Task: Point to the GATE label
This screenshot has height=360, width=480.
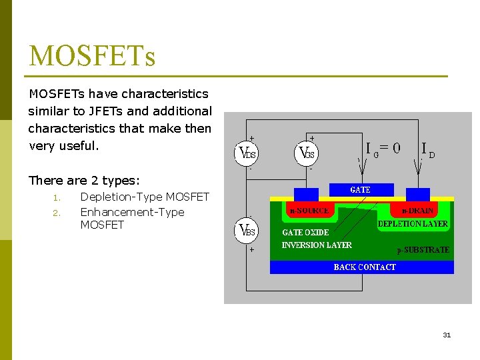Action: click(x=360, y=190)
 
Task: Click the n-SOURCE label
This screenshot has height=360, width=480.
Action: click(x=308, y=211)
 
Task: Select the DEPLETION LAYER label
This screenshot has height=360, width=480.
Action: click(x=413, y=224)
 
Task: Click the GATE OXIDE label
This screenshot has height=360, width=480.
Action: click(x=305, y=233)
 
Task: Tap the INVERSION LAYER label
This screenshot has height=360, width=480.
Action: click(x=317, y=245)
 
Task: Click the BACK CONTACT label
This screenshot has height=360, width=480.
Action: click(x=365, y=267)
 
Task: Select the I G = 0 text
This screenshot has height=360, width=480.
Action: click(x=383, y=148)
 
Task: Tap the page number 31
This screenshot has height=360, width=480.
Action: click(x=447, y=335)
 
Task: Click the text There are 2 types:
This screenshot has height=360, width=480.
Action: click(x=84, y=181)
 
